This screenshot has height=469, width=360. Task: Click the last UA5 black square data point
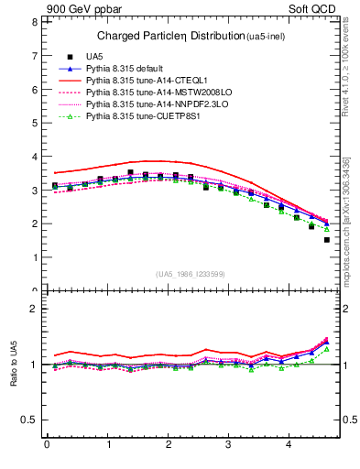(x=326, y=240)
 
